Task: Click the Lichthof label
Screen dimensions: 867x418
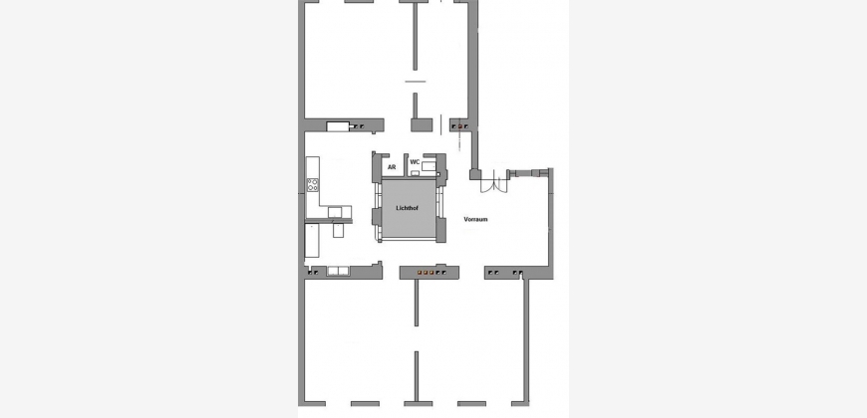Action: click(407, 208)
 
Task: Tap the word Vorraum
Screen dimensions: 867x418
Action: click(475, 219)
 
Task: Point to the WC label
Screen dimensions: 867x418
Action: click(415, 162)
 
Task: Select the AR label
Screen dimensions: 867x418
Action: click(392, 167)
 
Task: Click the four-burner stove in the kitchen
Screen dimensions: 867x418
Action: click(313, 185)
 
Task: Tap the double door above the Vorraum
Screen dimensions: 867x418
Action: click(493, 182)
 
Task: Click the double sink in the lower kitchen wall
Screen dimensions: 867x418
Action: click(338, 271)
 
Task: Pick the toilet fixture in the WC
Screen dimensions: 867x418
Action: click(430, 165)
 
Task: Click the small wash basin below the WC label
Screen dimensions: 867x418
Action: click(415, 173)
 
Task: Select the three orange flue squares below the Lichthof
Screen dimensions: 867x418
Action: click(426, 273)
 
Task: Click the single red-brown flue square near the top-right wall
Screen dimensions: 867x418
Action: click(459, 126)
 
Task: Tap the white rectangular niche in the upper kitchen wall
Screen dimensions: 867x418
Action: click(337, 126)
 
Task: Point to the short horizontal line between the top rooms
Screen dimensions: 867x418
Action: click(416, 82)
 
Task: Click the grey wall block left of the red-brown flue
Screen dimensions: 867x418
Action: click(422, 124)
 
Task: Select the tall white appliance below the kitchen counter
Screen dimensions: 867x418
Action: click(312, 240)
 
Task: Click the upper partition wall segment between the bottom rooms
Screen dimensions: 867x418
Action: click(417, 303)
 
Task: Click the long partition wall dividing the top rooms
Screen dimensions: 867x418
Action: click(415, 36)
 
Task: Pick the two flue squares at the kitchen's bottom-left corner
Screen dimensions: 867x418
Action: click(312, 273)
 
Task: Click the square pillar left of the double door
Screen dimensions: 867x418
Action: click(475, 174)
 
